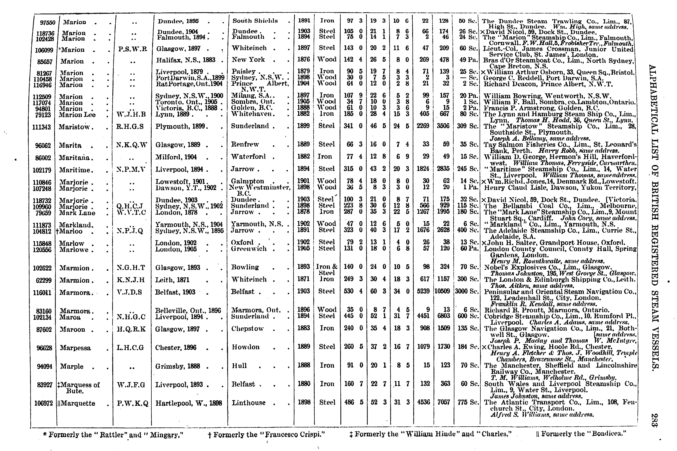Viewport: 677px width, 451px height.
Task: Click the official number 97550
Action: click(47, 23)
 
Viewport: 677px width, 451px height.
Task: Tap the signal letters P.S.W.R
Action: click(132, 49)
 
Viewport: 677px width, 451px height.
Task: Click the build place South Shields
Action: click(255, 21)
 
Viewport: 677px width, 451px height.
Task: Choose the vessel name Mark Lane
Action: click(77, 213)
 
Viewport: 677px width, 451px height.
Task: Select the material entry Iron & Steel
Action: click(327, 269)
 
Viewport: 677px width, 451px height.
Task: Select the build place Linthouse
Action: click(248, 403)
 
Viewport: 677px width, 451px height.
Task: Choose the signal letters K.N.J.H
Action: click(131, 280)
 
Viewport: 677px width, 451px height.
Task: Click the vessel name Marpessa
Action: click(75, 348)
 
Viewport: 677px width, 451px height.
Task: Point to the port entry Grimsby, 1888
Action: click(177, 366)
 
